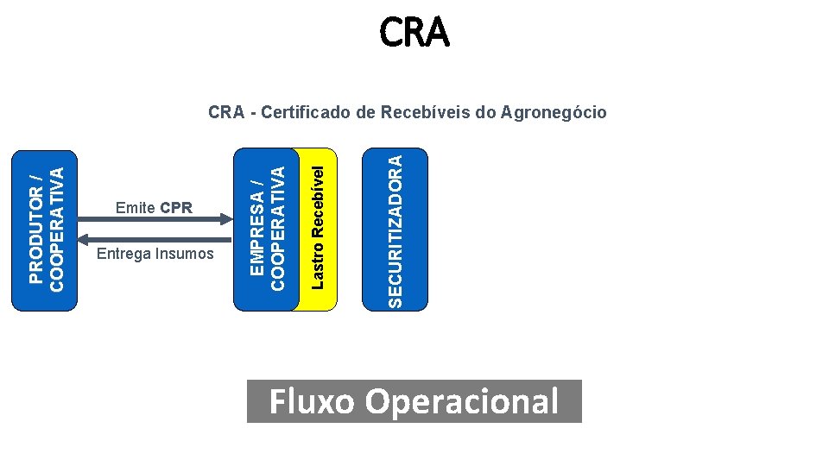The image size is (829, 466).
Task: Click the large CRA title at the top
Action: pyautogui.click(x=414, y=32)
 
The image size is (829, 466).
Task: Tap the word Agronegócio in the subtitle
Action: pyautogui.click(x=553, y=112)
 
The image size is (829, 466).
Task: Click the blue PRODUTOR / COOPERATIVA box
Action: pyautogui.click(x=44, y=231)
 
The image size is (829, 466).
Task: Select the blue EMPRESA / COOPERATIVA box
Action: pyautogui.click(x=266, y=230)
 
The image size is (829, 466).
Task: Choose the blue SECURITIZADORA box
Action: pyautogui.click(x=395, y=230)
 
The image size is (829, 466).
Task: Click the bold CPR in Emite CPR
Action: pyautogui.click(x=176, y=208)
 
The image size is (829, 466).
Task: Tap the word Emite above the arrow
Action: pyautogui.click(x=136, y=208)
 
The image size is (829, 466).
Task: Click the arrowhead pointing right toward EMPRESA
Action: pyautogui.click(x=226, y=218)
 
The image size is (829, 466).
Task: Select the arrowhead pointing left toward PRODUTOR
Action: pyautogui.click(x=84, y=240)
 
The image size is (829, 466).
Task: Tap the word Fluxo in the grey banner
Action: pyautogui.click(x=312, y=401)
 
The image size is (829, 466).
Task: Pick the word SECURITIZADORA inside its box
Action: pyautogui.click(x=395, y=231)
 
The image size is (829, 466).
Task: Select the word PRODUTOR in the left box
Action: pyautogui.click(x=35, y=235)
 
